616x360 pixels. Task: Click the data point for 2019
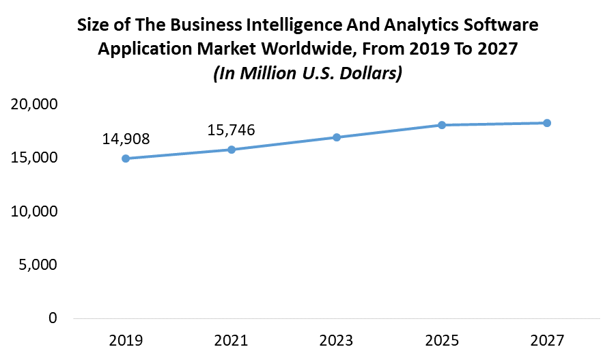click(126, 158)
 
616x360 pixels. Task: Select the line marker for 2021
click(232, 150)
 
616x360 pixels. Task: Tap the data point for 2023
click(337, 137)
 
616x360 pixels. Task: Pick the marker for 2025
click(442, 125)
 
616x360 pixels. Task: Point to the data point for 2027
click(547, 123)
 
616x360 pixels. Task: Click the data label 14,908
click(126, 139)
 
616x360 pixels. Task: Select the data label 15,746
click(232, 130)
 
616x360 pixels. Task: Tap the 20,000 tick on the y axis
click(33, 105)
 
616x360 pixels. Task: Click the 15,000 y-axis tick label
click(33, 158)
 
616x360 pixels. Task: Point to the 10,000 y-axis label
click(33, 211)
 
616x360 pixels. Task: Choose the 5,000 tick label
click(38, 264)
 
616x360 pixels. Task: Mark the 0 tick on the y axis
click(53, 318)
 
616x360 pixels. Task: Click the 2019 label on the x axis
click(126, 340)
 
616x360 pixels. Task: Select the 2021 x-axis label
click(232, 340)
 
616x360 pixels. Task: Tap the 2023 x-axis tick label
click(337, 340)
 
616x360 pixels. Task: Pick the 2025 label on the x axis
click(442, 340)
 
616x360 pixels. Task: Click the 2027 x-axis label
click(547, 340)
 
